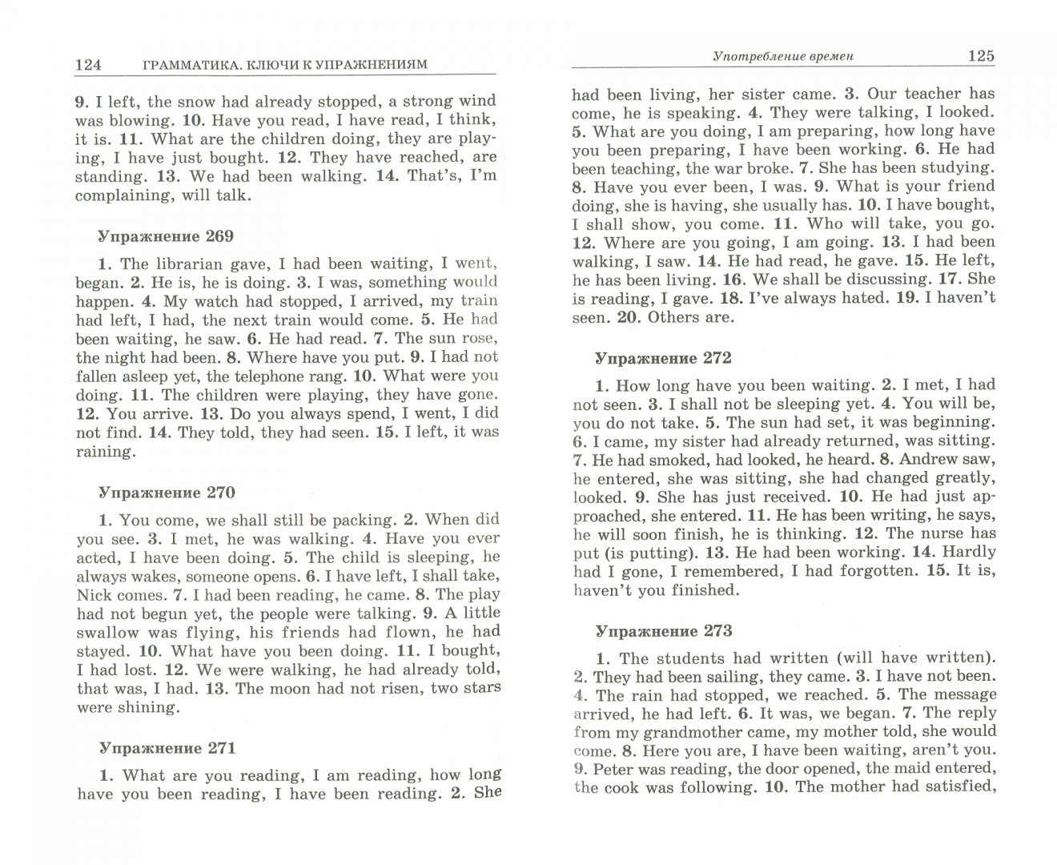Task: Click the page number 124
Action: click(x=87, y=65)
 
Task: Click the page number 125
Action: click(x=980, y=55)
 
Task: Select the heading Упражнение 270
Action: click(x=166, y=493)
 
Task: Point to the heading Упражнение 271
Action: click(x=167, y=748)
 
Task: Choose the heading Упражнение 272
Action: click(x=662, y=358)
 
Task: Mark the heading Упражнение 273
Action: click(x=663, y=631)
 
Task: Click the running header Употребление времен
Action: click(x=783, y=56)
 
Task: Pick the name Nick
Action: click(x=94, y=595)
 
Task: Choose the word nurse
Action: click(x=944, y=533)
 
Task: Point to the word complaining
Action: click(x=123, y=195)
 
